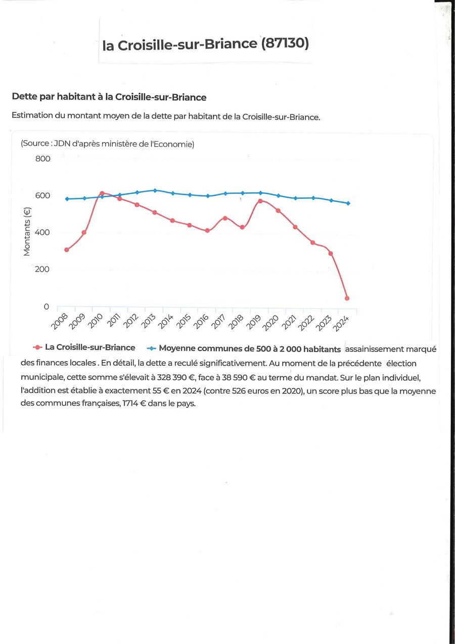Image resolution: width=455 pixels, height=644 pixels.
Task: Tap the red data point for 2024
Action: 347,298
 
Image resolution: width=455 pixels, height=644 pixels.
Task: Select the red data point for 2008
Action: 67,250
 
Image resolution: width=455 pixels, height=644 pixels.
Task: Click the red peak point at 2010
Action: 102,193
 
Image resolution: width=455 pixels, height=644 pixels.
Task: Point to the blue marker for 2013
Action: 155,190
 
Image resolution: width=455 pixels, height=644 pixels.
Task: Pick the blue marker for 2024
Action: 348,203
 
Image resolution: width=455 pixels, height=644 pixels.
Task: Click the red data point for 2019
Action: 260,201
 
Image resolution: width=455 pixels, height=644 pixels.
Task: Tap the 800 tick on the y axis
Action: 43,159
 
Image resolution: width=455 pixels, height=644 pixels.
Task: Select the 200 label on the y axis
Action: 43,269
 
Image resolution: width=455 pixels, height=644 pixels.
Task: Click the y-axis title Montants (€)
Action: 27,232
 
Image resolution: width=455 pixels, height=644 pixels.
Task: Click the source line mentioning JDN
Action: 107,144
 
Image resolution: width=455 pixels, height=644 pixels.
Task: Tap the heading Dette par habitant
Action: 109,97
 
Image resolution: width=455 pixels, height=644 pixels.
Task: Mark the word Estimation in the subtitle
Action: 32,115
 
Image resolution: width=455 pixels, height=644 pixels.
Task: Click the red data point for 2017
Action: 225,218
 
